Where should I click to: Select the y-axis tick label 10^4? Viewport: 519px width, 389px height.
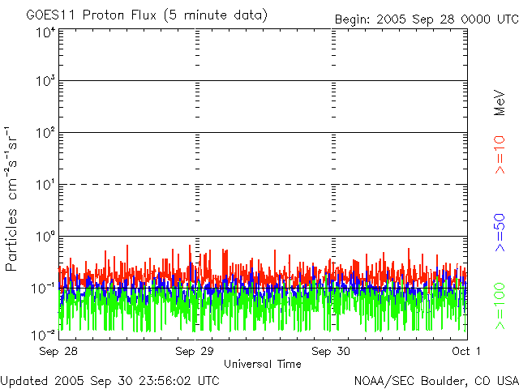(45, 32)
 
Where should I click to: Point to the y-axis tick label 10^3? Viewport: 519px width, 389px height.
(45, 82)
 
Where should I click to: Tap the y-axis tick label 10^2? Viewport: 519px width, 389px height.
(45, 134)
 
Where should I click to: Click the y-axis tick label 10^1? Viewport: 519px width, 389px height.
(45, 186)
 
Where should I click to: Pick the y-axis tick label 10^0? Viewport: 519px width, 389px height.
(45, 237)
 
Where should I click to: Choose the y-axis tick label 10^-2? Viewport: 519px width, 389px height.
(44, 335)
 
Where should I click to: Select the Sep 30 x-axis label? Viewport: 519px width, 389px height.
(332, 351)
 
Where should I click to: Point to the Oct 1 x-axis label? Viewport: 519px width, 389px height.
(466, 351)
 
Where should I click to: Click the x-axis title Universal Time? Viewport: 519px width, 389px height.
(262, 364)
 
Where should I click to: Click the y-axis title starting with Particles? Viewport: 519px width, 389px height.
(13, 199)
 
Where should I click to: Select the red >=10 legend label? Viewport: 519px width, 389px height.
(500, 155)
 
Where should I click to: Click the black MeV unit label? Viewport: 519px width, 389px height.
(500, 104)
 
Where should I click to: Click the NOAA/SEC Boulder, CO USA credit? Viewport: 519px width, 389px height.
(435, 380)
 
